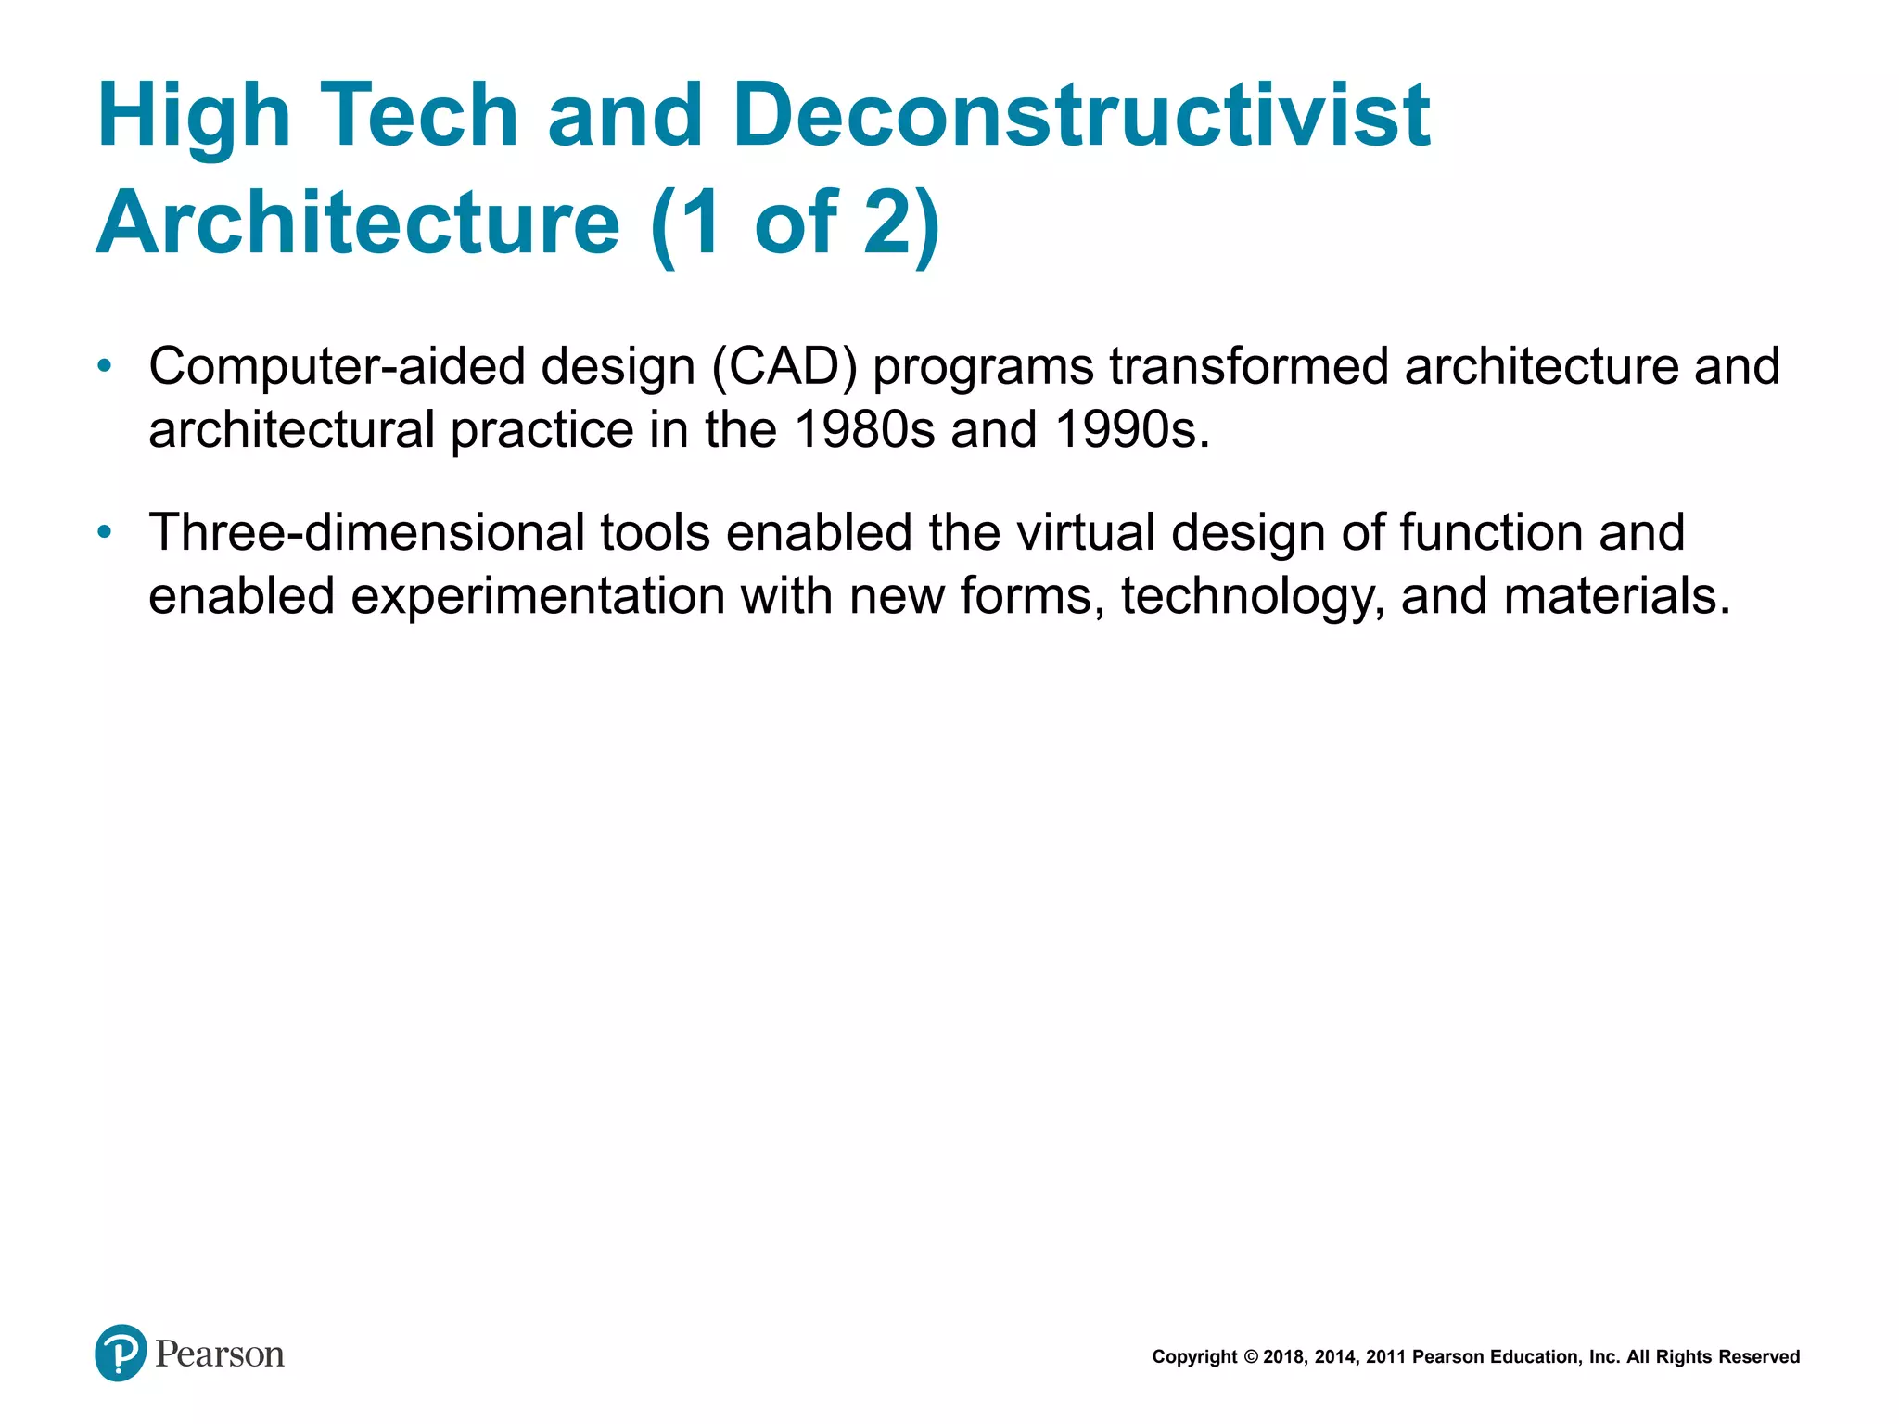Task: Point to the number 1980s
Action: coord(864,429)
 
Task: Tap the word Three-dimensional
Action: coord(366,532)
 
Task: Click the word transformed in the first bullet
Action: coord(1248,366)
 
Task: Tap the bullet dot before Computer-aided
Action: coord(105,366)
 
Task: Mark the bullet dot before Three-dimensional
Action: coord(105,532)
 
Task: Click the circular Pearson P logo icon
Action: coord(121,1353)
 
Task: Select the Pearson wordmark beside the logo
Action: coord(220,1354)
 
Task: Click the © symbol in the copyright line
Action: coord(1250,1357)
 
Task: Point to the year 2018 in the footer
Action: coord(1283,1357)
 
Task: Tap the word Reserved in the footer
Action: coord(1760,1357)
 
